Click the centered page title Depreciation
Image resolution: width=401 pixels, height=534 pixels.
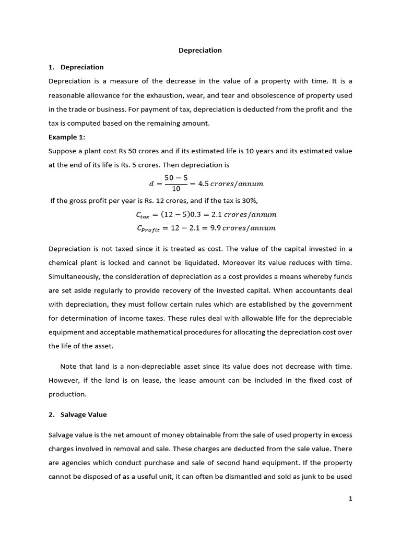(x=200, y=51)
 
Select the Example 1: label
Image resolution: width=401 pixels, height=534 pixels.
(x=66, y=137)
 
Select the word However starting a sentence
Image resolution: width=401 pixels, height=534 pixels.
(x=63, y=380)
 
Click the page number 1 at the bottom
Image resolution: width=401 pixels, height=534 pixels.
(x=351, y=499)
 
